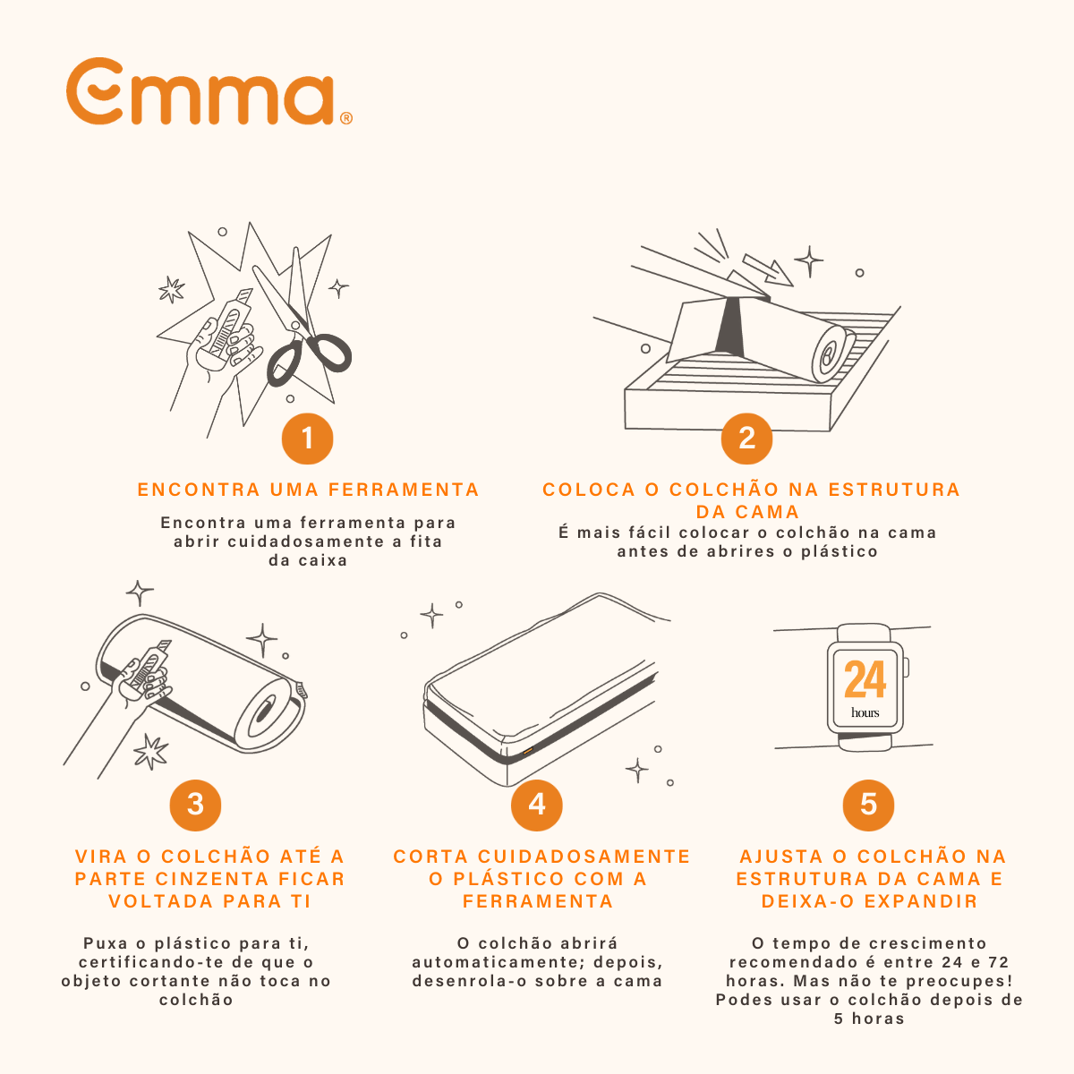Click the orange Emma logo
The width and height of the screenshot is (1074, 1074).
point(201,92)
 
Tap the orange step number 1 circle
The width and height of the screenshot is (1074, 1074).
point(307,439)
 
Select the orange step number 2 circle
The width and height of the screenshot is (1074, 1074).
point(746,439)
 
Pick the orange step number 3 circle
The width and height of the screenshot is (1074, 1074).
point(195,804)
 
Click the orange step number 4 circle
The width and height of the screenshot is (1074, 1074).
point(536,804)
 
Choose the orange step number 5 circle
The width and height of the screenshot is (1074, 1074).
point(868,804)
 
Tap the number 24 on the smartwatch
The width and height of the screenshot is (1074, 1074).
point(865,679)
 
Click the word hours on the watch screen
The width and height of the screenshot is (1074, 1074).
point(865,713)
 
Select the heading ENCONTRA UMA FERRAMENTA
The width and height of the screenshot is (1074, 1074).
point(309,490)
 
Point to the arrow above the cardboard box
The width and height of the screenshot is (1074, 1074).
point(768,268)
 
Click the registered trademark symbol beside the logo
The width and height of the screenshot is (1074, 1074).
point(346,118)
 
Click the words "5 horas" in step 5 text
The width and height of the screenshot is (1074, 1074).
point(868,1019)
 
